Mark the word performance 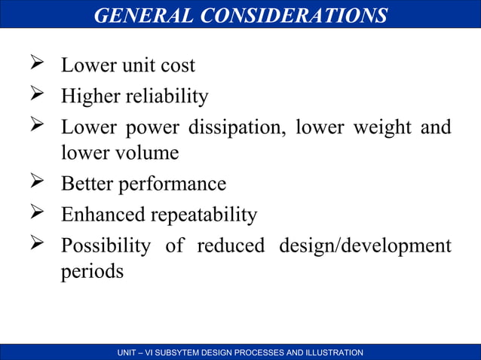pyautogui.click(x=177, y=184)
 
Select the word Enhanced pyautogui.click(x=103, y=215)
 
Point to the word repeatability pyautogui.click(x=204, y=215)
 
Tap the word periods pyautogui.click(x=92, y=271)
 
